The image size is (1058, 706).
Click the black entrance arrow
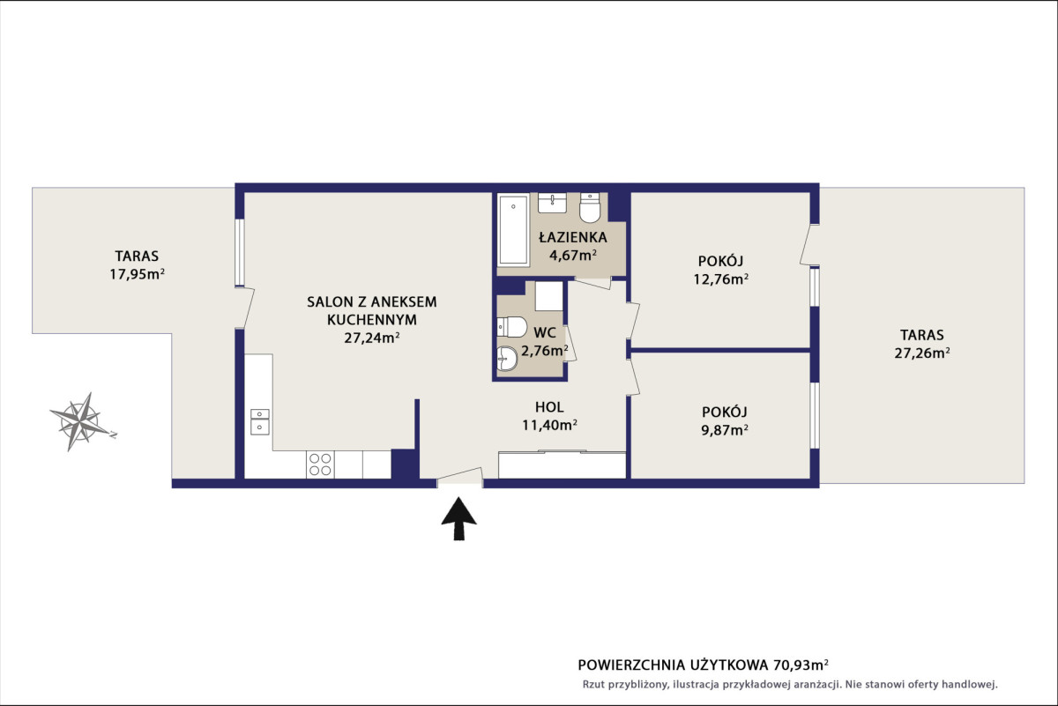tap(458, 518)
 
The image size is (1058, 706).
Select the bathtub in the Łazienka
tap(513, 229)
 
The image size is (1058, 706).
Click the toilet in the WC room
tap(512, 327)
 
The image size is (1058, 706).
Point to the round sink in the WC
tap(508, 359)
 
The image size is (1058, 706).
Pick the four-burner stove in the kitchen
tap(320, 464)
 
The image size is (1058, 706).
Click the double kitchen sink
tap(260, 421)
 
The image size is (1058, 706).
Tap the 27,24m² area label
tap(372, 338)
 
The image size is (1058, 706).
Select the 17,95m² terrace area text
tap(137, 274)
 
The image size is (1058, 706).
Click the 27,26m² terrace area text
tap(922, 353)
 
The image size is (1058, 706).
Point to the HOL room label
tap(549, 406)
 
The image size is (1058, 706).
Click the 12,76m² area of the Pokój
tap(721, 279)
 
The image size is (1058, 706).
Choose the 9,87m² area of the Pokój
tap(725, 430)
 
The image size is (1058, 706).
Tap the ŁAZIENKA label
tap(573, 236)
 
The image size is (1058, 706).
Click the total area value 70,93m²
tap(801, 665)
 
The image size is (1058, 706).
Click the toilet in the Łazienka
tap(590, 207)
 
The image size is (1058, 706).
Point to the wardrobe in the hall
tap(563, 464)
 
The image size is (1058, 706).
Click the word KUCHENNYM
tap(372, 320)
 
